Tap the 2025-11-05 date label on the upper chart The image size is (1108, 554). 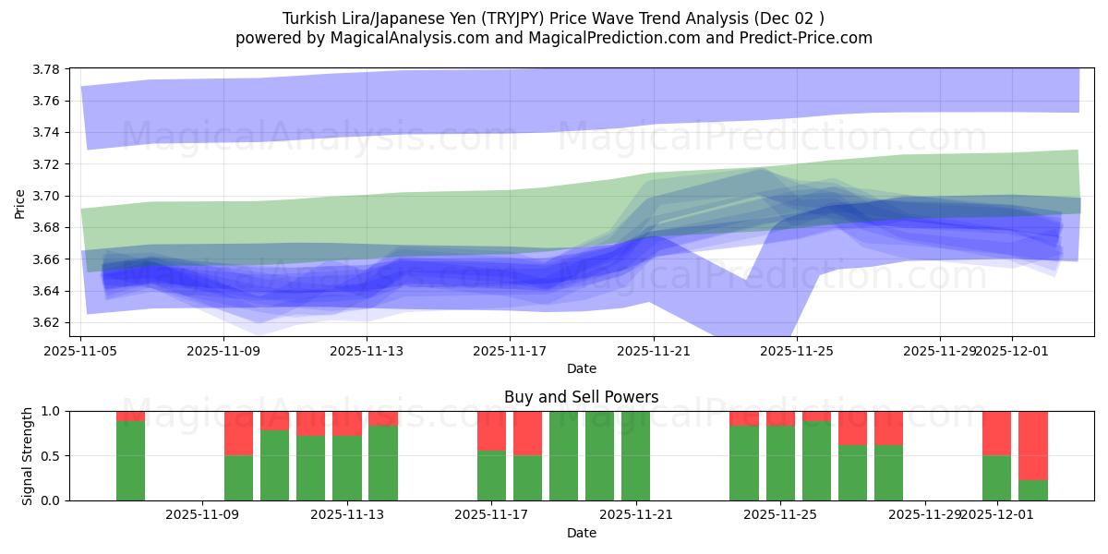[81, 351]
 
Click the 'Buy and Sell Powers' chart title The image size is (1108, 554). [581, 397]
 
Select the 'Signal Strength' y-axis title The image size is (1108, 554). [28, 455]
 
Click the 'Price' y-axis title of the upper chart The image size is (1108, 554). [20, 202]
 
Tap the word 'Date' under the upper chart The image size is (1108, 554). [581, 368]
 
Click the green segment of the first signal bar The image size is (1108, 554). [130, 461]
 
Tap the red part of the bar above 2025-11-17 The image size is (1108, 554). [491, 430]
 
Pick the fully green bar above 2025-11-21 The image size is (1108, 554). [635, 456]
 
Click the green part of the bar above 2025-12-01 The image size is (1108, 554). [996, 478]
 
